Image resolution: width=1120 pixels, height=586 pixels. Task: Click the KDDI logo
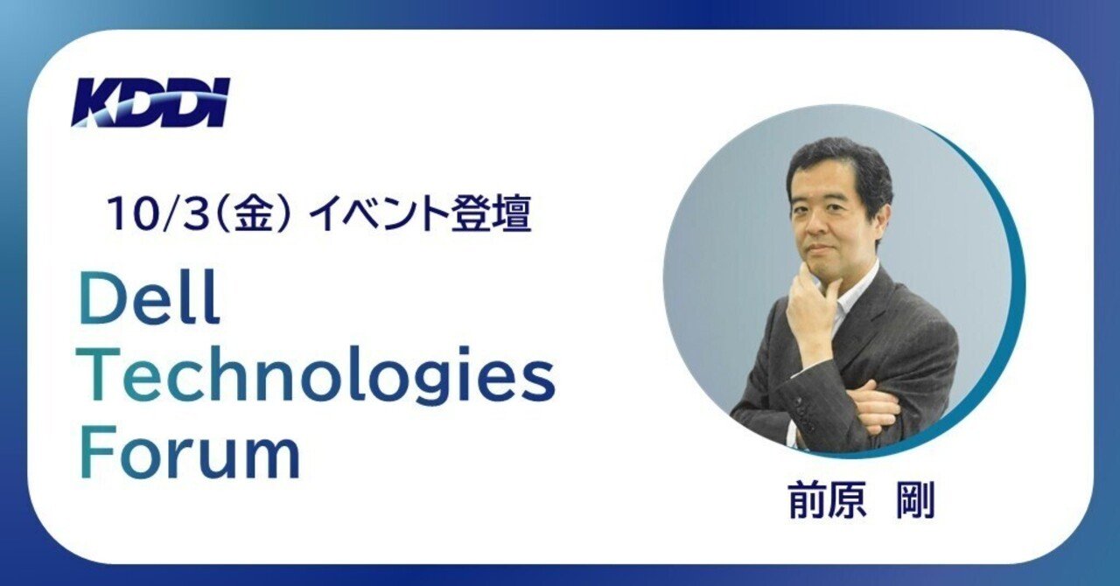pos(150,102)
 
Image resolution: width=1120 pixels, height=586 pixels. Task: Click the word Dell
pos(149,300)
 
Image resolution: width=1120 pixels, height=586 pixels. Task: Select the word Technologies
pos(317,378)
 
